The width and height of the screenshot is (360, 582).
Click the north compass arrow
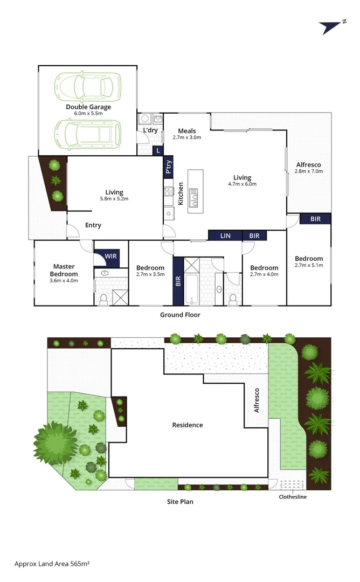[x=328, y=27]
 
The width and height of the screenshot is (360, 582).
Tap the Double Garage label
[x=88, y=107]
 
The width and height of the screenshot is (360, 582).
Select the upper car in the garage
[x=87, y=85]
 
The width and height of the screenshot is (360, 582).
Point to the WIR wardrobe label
[x=110, y=255]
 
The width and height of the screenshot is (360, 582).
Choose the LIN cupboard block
[x=225, y=235]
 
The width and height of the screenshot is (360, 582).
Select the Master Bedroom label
[x=64, y=269]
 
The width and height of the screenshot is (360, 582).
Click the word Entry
[x=93, y=225]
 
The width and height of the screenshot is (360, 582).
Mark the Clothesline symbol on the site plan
[x=293, y=484]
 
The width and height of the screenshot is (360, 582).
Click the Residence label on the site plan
[x=188, y=425]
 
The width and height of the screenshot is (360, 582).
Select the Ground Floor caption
[x=180, y=315]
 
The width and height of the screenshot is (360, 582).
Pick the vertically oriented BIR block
[x=178, y=281]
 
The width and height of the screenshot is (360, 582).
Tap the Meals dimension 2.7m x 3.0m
[x=187, y=137]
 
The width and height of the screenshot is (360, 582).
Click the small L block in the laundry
[x=158, y=151]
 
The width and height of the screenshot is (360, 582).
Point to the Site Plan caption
[x=180, y=502]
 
